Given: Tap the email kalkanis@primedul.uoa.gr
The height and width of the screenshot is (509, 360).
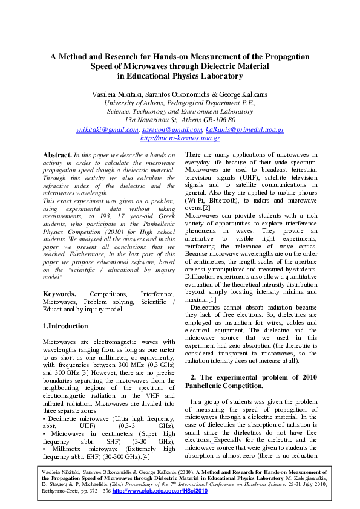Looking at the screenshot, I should [244, 129].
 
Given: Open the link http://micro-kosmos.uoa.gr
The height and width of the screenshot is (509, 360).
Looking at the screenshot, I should [180, 138].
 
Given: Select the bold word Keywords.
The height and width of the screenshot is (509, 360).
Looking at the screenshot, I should [59, 294].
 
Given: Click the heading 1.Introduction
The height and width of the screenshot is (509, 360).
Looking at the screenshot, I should [65, 326].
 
